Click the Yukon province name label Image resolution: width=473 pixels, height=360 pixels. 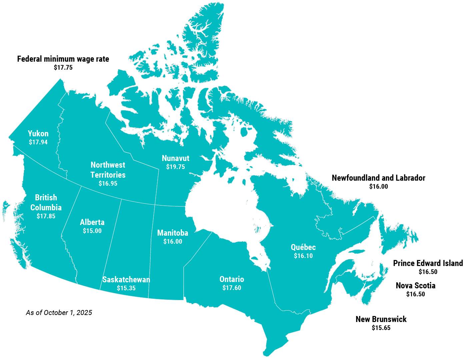tap(38, 134)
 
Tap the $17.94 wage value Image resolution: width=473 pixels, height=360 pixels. tap(38, 142)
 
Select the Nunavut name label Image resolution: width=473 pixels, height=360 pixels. tap(175, 158)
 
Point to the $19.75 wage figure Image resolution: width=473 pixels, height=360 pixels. tap(175, 167)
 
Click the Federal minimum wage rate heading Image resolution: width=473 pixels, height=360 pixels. tap(63, 59)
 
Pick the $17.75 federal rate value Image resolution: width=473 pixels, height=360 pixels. tap(63, 68)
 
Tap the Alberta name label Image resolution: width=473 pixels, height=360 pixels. tap(92, 222)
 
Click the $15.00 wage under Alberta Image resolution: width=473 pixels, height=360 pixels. tap(92, 231)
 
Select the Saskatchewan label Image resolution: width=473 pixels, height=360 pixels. tap(126, 280)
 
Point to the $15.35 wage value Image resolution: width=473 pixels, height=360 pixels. tap(126, 288)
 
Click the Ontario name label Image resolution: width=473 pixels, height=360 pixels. tap(232, 279)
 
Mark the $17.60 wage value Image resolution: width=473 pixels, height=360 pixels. tap(232, 288)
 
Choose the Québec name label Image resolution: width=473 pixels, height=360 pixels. tap(303, 247)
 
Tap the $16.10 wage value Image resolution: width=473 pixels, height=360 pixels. tap(303, 256)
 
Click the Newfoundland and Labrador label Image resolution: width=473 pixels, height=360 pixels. tap(378, 178)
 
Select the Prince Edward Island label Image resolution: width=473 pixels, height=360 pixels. tap(428, 263)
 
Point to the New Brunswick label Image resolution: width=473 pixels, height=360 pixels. tap(381, 319)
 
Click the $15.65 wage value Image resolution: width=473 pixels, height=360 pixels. tap(381, 328)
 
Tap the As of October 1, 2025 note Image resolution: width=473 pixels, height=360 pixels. tap(59, 313)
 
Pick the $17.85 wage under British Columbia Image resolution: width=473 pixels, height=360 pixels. tap(46, 216)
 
